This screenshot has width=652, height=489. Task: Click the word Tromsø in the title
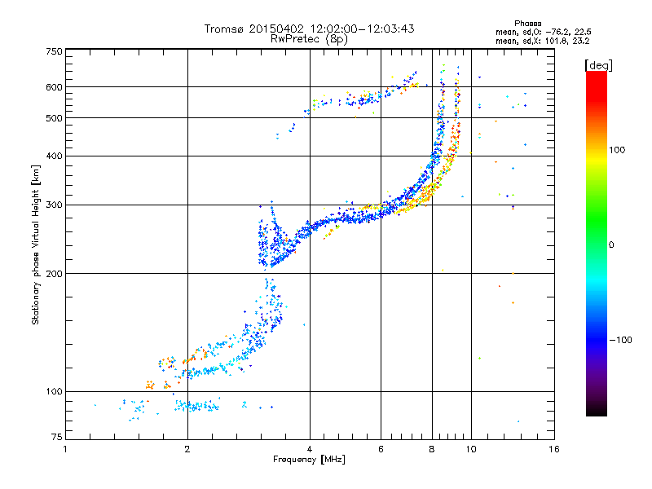click(x=224, y=29)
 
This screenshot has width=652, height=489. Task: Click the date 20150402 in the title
click(x=276, y=29)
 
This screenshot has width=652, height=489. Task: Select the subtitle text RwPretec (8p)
click(x=309, y=39)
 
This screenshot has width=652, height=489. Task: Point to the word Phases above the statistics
click(x=527, y=24)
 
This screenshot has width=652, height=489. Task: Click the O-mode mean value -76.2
click(x=557, y=32)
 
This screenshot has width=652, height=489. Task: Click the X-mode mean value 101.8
click(x=557, y=41)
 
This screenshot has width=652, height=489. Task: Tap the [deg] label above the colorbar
click(x=598, y=65)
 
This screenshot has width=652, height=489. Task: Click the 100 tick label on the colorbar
click(x=617, y=150)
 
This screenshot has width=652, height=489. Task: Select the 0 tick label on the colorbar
click(x=611, y=244)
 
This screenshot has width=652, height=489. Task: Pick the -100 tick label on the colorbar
click(x=620, y=340)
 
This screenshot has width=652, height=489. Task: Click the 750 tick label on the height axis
click(x=54, y=51)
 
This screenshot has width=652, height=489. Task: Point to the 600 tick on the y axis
click(x=54, y=87)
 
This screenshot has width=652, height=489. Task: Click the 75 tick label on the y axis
click(x=57, y=437)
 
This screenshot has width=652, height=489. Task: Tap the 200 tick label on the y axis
click(x=54, y=274)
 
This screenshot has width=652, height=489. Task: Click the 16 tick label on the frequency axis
click(x=554, y=449)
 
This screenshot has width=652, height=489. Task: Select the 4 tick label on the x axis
click(x=310, y=449)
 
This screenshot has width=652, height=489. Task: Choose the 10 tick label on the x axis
click(x=471, y=449)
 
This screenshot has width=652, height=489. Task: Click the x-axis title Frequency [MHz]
click(x=309, y=460)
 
